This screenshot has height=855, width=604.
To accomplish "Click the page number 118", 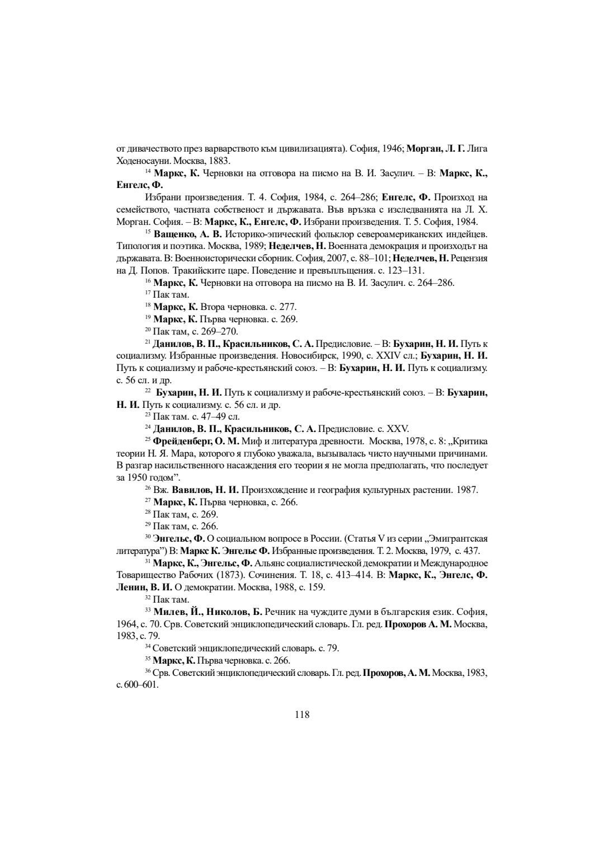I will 302,714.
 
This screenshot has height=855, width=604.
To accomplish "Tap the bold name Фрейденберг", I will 181,441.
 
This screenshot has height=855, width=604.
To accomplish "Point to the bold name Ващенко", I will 173,233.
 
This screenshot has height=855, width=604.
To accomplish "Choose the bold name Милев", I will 168,612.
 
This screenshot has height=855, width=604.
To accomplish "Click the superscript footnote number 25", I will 148,439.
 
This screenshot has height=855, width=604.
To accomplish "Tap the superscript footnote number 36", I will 148,671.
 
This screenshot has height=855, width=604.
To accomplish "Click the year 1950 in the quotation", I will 138,477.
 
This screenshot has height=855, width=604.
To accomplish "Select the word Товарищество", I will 144,575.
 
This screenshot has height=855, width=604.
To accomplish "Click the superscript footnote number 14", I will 148,171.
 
